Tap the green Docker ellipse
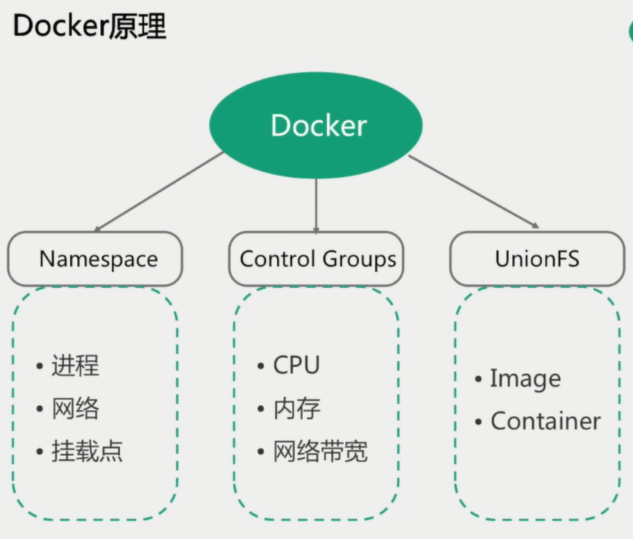(x=316, y=125)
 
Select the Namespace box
(x=96, y=258)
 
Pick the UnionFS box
(x=537, y=258)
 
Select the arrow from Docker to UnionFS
(x=473, y=191)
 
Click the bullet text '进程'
(x=75, y=366)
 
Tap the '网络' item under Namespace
(x=75, y=408)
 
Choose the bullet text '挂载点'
(x=87, y=451)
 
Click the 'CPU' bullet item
(x=296, y=366)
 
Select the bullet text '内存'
(x=296, y=408)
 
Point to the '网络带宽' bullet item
(x=320, y=451)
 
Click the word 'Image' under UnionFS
(x=525, y=379)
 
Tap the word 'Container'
(x=545, y=421)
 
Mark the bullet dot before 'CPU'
(x=261, y=367)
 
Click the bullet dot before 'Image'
(x=478, y=379)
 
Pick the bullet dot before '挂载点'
(x=39, y=452)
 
